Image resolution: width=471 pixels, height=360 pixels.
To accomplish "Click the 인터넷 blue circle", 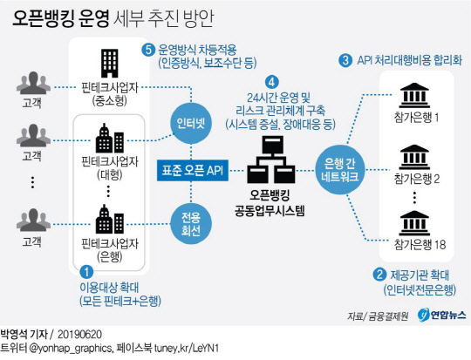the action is tap(191, 123).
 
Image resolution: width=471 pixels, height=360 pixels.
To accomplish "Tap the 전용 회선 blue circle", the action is tap(191, 224).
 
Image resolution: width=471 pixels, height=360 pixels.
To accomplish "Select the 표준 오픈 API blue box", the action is tap(193, 170).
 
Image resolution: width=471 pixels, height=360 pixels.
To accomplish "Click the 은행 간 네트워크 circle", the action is tap(340, 170).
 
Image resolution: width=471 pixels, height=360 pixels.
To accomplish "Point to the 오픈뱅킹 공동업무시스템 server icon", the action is tap(271, 160).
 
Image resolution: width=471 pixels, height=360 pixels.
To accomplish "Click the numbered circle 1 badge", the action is tap(86, 272).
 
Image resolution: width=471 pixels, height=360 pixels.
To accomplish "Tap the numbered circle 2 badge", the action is tap(379, 275).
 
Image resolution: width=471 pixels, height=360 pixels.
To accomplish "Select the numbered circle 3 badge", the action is tap(345, 60).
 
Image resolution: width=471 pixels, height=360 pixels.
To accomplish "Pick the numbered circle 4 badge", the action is tap(272, 82).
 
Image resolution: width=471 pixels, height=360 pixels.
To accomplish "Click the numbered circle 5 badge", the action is tap(148, 50).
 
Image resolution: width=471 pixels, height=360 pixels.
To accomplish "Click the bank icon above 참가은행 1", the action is tap(414, 95).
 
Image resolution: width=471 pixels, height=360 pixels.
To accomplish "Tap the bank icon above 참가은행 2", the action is tap(414, 157).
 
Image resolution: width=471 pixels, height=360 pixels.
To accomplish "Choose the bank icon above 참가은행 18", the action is tap(414, 223).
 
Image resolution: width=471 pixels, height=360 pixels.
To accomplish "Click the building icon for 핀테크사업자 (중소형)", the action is tap(110, 64).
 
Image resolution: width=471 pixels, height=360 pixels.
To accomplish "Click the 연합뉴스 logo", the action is tap(441, 316).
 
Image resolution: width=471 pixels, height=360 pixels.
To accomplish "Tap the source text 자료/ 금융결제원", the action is tap(378, 316).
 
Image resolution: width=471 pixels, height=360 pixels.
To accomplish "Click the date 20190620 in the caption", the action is tap(79, 335).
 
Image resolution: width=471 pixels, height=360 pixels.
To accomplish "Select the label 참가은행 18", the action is tap(420, 245).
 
